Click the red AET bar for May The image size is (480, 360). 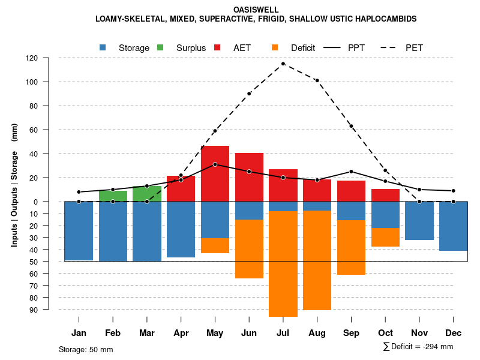pyautogui.click(x=215, y=174)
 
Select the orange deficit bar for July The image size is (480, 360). pyautogui.click(x=283, y=264)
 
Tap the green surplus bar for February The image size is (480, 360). pyautogui.click(x=113, y=196)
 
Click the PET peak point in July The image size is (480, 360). pyautogui.click(x=283, y=64)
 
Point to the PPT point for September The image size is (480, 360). pyautogui.click(x=351, y=172)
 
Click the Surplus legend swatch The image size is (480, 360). pyautogui.click(x=160, y=48)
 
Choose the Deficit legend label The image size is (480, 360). pyautogui.click(x=303, y=48)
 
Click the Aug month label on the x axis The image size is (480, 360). pyautogui.click(x=317, y=333)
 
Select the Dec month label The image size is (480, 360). pyautogui.click(x=453, y=333)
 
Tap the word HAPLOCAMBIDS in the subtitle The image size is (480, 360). pyautogui.click(x=385, y=19)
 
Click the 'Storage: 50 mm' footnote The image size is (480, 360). pyautogui.click(x=86, y=349)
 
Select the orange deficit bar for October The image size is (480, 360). pyautogui.click(x=385, y=237)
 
